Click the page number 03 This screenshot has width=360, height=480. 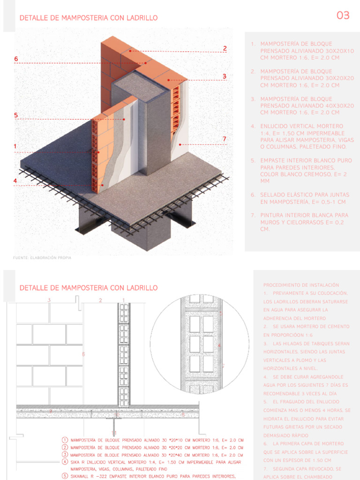tap(343, 15)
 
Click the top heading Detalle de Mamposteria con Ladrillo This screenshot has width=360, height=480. tap(88, 18)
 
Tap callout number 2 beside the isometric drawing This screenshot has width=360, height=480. tap(225, 48)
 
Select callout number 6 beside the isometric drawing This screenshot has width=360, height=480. tap(16, 59)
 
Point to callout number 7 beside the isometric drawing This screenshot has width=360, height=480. tap(225, 139)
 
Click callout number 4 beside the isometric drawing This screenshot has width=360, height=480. tap(15, 181)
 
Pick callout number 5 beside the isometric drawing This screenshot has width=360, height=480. tap(16, 115)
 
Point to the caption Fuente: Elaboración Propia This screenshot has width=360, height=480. tap(45, 258)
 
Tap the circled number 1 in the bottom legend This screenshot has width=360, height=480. tap(64, 440)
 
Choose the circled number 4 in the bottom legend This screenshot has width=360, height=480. tap(64, 462)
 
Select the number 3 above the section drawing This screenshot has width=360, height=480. tap(49, 300)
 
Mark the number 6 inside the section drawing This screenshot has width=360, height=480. tap(83, 354)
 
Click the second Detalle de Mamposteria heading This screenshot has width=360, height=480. tap(88, 288)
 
